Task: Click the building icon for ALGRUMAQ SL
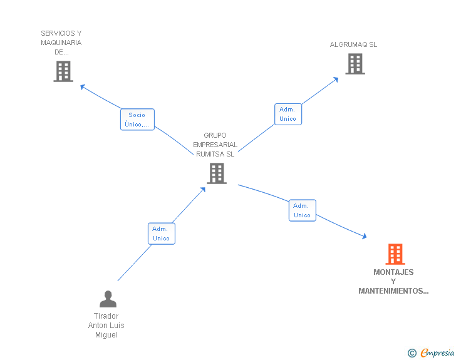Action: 355,64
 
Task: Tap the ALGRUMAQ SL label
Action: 354,44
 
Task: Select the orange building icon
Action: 395,254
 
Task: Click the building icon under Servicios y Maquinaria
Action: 63,71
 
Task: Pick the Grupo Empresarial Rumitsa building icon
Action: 217,173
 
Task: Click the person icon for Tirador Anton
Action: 108,299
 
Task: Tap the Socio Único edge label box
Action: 137,120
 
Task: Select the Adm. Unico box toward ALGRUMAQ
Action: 288,115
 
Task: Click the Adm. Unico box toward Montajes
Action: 302,210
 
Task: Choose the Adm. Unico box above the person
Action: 161,234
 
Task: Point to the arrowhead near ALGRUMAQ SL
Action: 336,79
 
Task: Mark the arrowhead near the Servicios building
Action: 82,86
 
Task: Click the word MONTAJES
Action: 393,272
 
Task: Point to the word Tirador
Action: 106,316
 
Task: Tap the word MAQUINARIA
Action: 61,43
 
